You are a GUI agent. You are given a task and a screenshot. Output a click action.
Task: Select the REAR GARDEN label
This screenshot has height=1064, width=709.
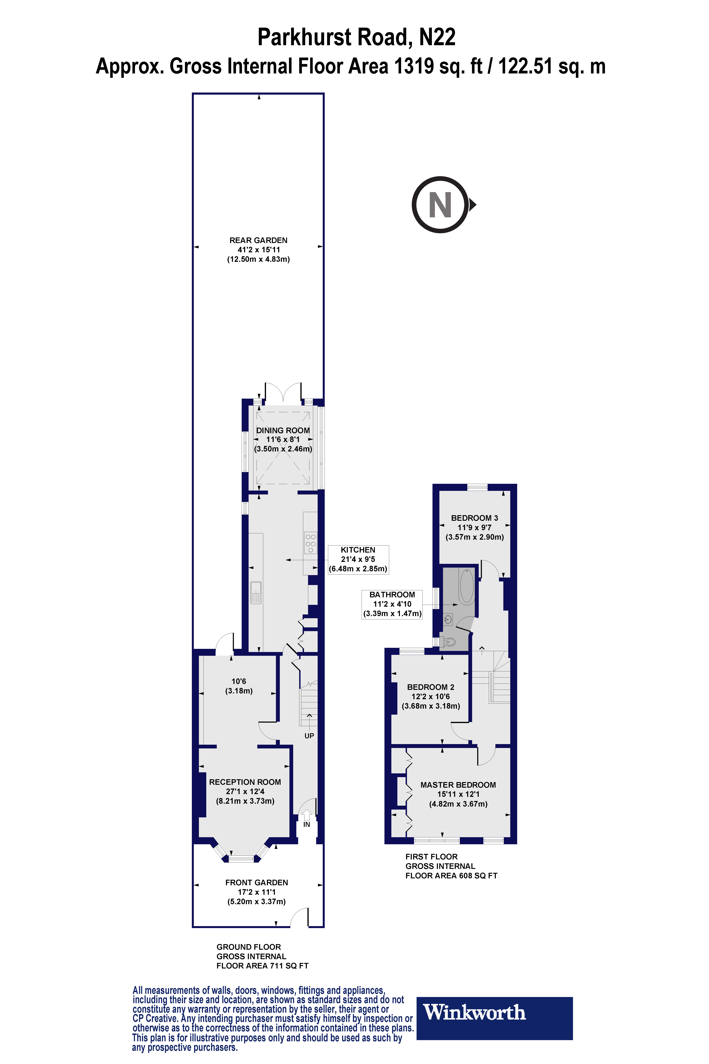pos(258,240)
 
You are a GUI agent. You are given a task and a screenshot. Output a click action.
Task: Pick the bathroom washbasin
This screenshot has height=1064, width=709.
pos(448,619)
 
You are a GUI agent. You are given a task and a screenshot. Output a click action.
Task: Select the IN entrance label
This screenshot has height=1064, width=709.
pos(307,824)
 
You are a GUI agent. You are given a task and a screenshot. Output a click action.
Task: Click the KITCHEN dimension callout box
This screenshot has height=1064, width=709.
pos(358,560)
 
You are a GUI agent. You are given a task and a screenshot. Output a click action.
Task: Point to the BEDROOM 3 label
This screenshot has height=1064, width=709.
pos(474,518)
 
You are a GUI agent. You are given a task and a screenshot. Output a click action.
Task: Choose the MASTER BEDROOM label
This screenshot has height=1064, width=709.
pos(458,785)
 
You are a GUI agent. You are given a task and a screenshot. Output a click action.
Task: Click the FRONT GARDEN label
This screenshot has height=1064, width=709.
pos(256,883)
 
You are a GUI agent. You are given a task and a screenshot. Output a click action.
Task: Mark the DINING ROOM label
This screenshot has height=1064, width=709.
pos(283,431)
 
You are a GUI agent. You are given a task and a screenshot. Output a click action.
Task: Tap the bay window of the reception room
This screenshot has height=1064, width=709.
pos(241,858)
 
